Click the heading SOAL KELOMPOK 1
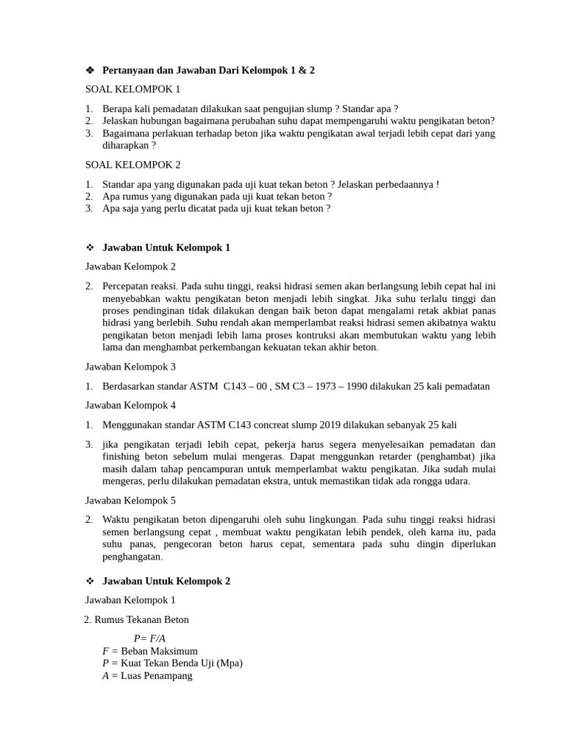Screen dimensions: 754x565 pyautogui.click(x=132, y=89)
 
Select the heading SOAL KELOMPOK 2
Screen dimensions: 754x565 pyautogui.click(x=132, y=165)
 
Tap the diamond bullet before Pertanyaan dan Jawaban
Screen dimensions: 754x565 pyautogui.click(x=90, y=70)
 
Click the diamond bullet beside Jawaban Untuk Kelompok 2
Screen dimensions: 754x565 pyautogui.click(x=90, y=581)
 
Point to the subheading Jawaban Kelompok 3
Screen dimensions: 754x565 pyautogui.click(x=131, y=367)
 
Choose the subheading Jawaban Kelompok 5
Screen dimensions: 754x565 pyautogui.click(x=131, y=501)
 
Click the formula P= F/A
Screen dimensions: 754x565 pyautogui.click(x=149, y=638)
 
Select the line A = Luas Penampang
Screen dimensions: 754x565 pyautogui.click(x=147, y=675)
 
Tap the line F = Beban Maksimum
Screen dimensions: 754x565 pyautogui.click(x=150, y=651)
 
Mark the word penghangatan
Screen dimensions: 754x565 pyautogui.click(x=131, y=557)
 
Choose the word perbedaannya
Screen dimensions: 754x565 pyautogui.click(x=404, y=184)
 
